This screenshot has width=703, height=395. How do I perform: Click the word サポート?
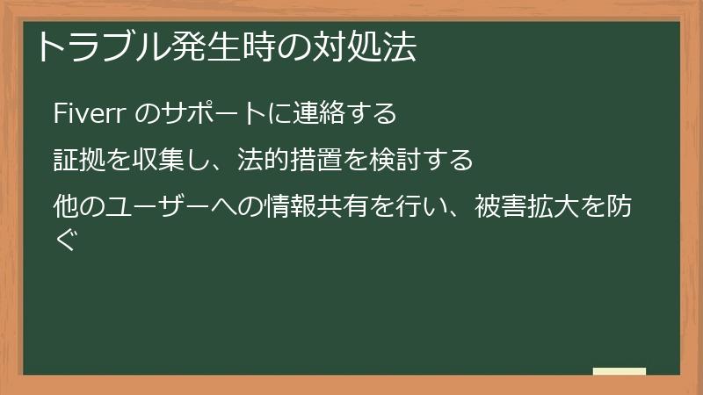[208, 114]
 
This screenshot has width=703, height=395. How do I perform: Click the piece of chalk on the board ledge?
[619, 372]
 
